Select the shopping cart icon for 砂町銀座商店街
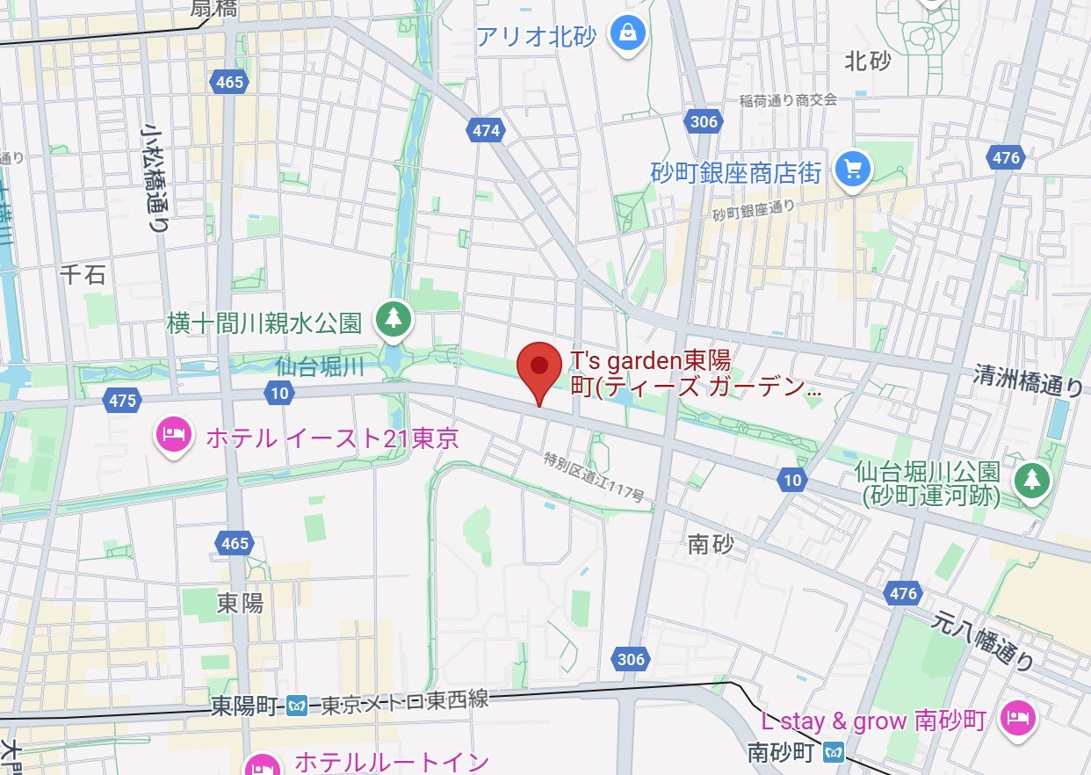(x=851, y=169)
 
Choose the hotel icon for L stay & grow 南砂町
(x=1020, y=719)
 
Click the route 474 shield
(x=486, y=131)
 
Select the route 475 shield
(x=123, y=401)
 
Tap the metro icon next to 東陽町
(x=298, y=705)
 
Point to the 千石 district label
(x=83, y=275)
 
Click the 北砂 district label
(x=867, y=61)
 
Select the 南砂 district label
(x=711, y=546)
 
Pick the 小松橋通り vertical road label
(x=157, y=177)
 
